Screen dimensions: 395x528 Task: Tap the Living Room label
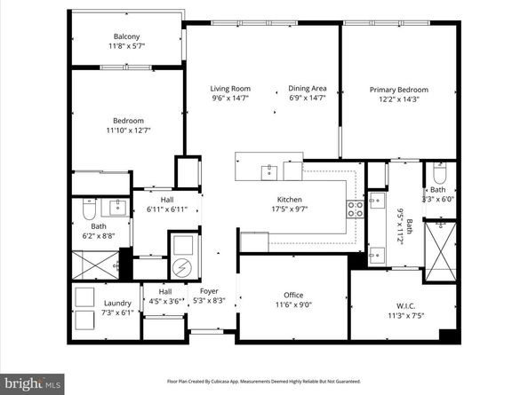point(229,89)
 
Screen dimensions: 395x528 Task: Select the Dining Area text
point(307,89)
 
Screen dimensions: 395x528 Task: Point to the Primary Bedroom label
point(398,90)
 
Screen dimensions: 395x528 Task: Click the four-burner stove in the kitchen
point(354,209)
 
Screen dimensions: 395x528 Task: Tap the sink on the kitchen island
point(268,170)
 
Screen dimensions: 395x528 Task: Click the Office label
point(293,294)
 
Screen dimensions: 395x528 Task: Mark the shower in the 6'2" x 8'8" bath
point(96,264)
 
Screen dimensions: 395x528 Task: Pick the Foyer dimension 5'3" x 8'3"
point(208,302)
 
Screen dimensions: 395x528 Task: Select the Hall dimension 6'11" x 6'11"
point(167,210)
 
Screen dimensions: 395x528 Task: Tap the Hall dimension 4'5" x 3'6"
point(165,302)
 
